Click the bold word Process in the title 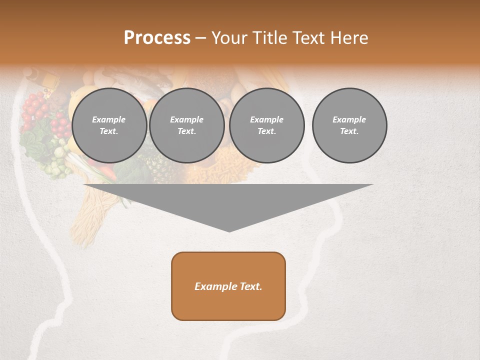(x=157, y=38)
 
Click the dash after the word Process (x=200, y=38)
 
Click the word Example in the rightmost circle (x=349, y=119)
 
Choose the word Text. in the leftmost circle (x=109, y=131)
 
